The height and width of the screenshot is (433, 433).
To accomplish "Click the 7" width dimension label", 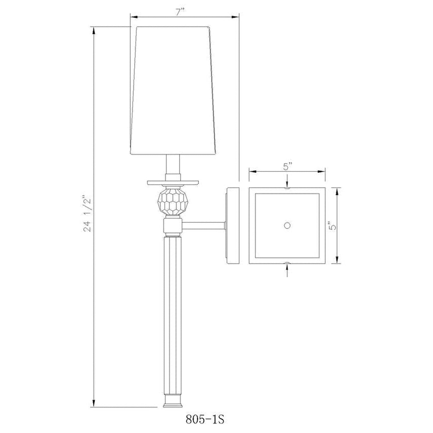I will pyautogui.click(x=180, y=12).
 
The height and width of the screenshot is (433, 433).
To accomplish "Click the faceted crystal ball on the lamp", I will pyautogui.click(x=173, y=201).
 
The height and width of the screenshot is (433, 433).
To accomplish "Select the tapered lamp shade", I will pyautogui.click(x=173, y=90).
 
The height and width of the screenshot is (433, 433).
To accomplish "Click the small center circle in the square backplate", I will pyautogui.click(x=287, y=226).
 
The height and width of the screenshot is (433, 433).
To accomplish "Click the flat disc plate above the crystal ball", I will pyautogui.click(x=173, y=182).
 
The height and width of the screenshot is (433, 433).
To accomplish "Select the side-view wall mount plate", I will pyautogui.click(x=233, y=226).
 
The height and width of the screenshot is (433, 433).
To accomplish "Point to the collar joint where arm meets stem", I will pyautogui.click(x=173, y=226).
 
